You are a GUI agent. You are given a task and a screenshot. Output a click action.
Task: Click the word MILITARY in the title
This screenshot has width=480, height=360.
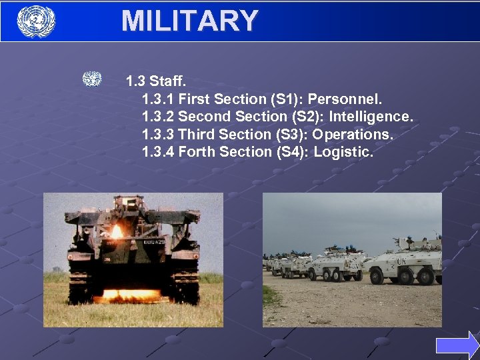pos(189,21)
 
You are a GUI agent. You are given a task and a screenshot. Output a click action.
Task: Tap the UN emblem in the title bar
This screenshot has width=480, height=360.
pos(35,21)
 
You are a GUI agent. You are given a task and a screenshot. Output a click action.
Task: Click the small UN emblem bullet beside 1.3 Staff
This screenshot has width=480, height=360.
pos(92,79)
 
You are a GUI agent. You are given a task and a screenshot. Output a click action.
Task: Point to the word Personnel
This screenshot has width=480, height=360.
pos(345,99)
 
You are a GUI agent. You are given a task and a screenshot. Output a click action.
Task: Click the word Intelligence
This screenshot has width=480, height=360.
pos(371,117)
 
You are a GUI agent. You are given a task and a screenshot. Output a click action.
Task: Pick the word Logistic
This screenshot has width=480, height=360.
pos(343,152)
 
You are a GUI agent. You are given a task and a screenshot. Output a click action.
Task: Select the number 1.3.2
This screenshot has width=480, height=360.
pos(158,117)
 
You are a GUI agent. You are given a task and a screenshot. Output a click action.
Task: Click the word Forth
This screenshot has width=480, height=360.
pos(197,152)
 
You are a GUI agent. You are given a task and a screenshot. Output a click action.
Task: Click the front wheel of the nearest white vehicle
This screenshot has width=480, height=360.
pos(377,276)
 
